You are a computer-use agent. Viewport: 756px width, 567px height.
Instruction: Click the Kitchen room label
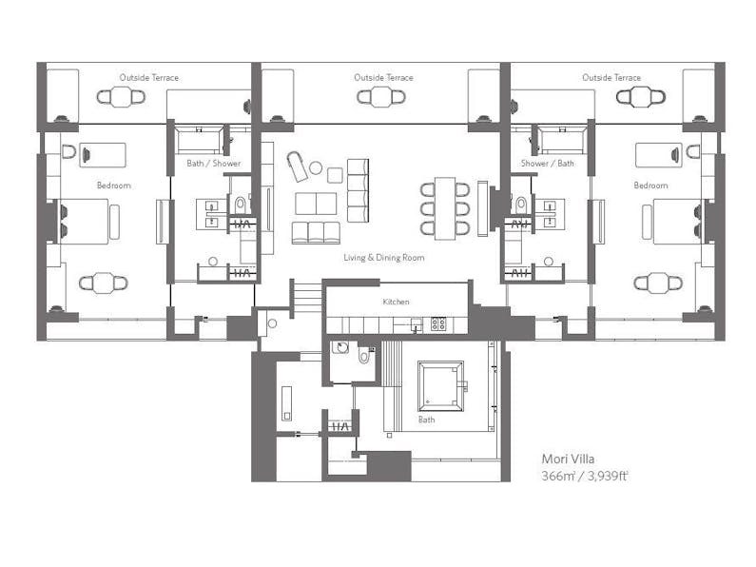pos(396,302)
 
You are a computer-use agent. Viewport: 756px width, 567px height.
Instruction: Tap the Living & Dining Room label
pos(384,258)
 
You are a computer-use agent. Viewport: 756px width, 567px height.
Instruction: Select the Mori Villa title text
pos(568,459)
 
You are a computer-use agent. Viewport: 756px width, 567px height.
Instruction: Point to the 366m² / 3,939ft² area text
pos(585,476)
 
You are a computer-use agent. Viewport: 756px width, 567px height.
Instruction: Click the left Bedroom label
pos(114,186)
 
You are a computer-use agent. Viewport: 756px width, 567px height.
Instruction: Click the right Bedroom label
pos(650,186)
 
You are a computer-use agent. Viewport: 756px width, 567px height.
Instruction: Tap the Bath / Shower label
pos(214,164)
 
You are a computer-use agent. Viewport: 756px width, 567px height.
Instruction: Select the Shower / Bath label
pos(547,164)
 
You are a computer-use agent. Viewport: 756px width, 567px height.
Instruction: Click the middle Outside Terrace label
pos(383,78)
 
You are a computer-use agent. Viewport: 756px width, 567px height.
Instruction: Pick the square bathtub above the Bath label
pos(440,386)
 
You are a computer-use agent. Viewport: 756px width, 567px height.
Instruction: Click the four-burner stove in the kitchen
pos(438,323)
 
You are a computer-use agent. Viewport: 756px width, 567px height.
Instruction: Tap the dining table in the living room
pos(445,208)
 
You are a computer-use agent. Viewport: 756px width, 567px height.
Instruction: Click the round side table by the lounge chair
pos(316,167)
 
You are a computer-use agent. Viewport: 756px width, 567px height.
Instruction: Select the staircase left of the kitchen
pos(307,298)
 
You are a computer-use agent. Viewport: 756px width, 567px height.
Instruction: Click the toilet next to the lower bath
pos(364,356)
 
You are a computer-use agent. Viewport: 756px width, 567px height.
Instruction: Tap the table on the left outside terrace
pos(121,97)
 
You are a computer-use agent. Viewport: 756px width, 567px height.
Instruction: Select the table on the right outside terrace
pos(641,97)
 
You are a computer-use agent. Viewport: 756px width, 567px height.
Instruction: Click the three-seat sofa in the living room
pos(316,233)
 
